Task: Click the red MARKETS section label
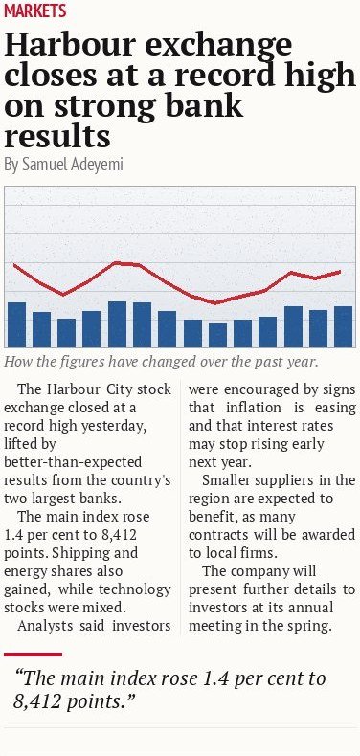(34, 11)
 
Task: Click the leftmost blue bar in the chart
(17, 324)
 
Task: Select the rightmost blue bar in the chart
(343, 326)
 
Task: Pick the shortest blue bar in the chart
(217, 335)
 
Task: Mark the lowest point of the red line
(215, 303)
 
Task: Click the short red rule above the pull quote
(33, 655)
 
